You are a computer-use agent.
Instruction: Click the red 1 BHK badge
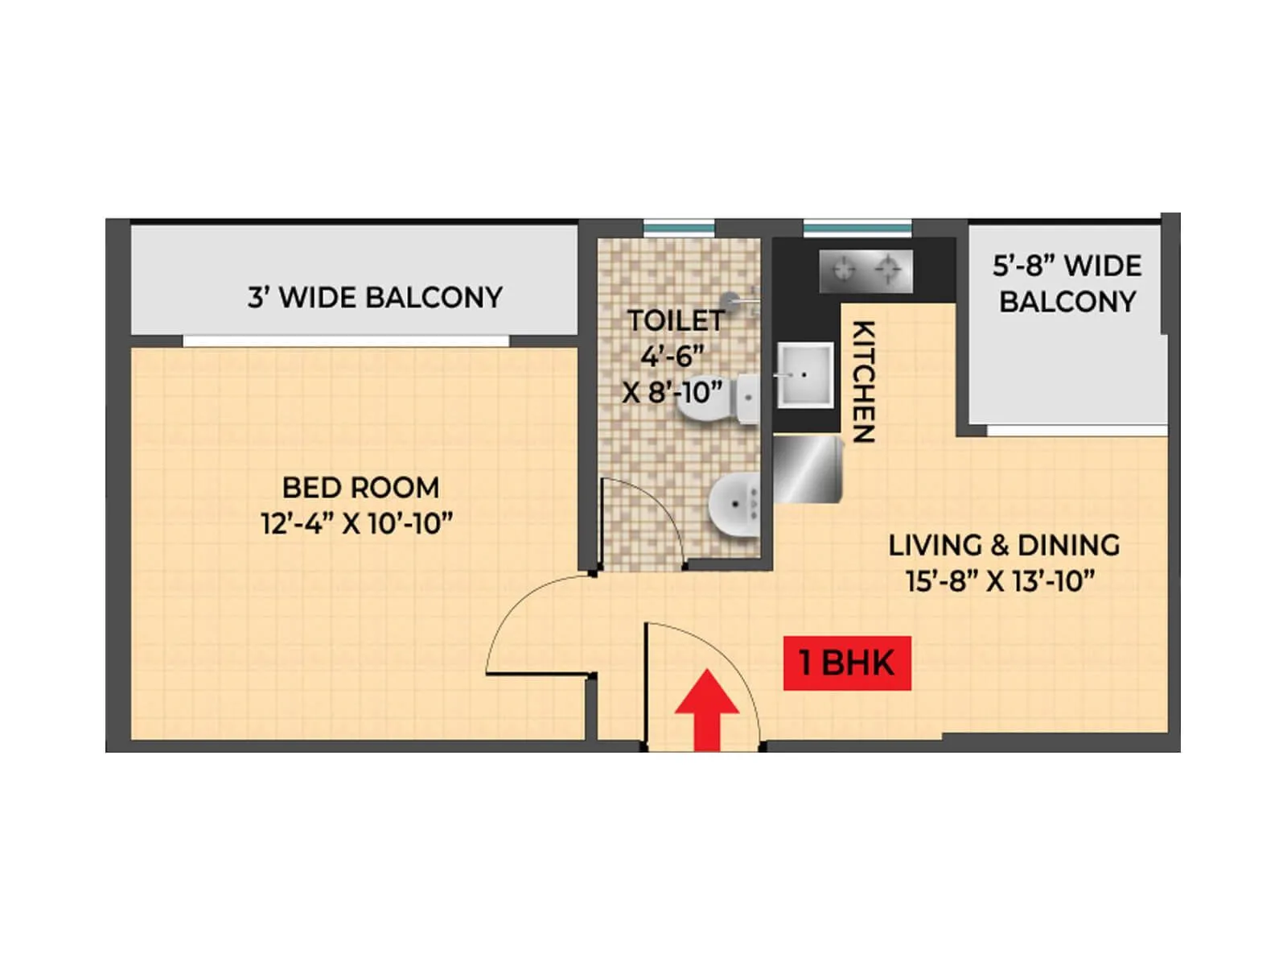coord(847,663)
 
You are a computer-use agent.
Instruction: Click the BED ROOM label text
coord(360,488)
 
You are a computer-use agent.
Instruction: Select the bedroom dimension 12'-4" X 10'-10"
coord(357,524)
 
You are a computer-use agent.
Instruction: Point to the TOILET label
coord(676,320)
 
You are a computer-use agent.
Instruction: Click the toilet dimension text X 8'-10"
coord(672,393)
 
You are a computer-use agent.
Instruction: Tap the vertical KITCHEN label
coord(863,382)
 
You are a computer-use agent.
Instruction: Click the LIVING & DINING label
coord(1004,545)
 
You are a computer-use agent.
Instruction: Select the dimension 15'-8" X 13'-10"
coord(1001,581)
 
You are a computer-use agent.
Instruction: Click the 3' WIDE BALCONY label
coord(375,298)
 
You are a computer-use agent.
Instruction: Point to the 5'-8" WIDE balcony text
coord(1067,266)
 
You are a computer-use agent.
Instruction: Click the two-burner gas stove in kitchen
coord(866,270)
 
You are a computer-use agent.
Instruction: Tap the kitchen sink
coord(804,374)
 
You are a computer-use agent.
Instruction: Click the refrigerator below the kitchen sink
coord(807,470)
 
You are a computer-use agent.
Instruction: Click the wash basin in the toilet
coord(734,506)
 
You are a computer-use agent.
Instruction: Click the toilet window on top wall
coord(679,229)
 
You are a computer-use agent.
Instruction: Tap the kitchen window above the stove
coord(857,229)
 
